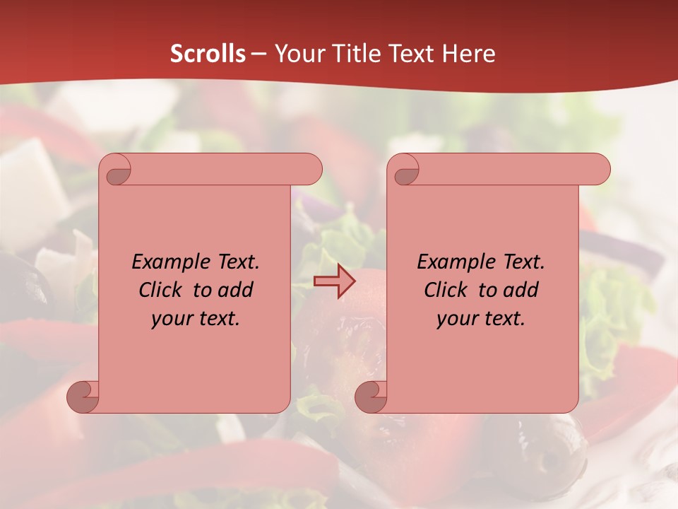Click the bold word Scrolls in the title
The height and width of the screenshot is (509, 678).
208,54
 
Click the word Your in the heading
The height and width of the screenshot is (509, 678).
297,54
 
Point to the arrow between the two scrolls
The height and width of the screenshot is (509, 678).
334,281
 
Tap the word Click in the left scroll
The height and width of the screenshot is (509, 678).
162,290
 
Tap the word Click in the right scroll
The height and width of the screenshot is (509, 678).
446,290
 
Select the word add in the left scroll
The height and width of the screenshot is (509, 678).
236,290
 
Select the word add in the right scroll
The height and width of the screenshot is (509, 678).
521,290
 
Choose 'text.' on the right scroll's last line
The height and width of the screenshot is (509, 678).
503,318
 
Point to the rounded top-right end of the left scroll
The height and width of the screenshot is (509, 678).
311,169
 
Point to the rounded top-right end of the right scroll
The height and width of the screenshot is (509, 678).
600,169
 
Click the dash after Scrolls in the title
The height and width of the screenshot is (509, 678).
259,54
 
